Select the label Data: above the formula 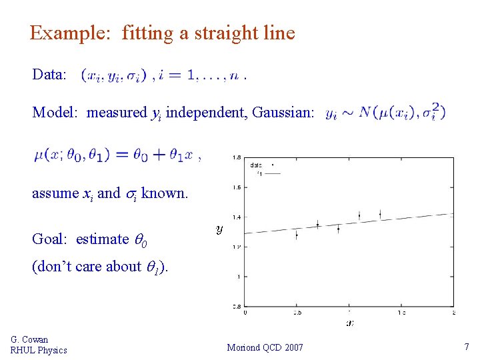(x=49, y=74)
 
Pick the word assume (x=55, y=193)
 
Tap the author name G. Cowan (x=29, y=340)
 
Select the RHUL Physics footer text (x=39, y=350)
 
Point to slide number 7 (x=466, y=347)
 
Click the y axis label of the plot (x=219, y=229)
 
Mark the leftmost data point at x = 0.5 (x=297, y=234)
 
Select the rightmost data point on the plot (x=381, y=213)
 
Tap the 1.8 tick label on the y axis (x=237, y=158)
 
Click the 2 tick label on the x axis (x=453, y=312)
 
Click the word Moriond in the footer (x=245, y=347)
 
